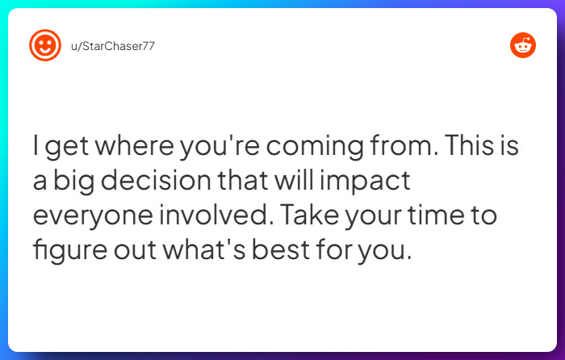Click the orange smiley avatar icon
tap(45, 45)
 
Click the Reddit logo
tap(523, 45)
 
